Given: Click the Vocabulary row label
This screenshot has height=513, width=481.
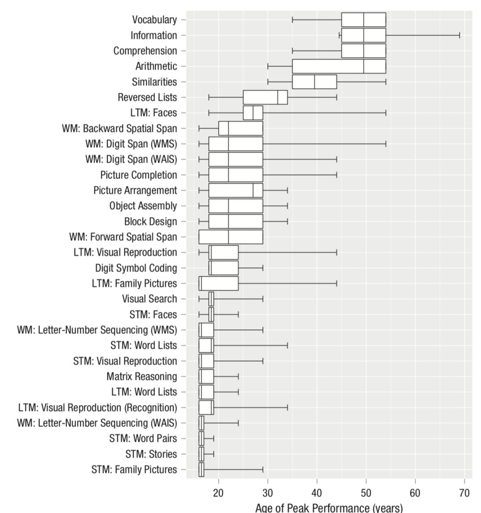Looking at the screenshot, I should pyautogui.click(x=154, y=20).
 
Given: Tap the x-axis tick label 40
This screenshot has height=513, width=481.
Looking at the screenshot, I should pyautogui.click(x=317, y=493).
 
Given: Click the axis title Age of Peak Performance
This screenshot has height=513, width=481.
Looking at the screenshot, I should pyautogui.click(x=329, y=508).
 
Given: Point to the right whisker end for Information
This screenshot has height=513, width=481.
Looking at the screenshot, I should pyautogui.click(x=459, y=35).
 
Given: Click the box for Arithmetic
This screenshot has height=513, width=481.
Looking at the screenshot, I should pyautogui.click(x=338, y=66).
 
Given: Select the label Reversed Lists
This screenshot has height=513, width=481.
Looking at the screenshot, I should pyautogui.click(x=147, y=97).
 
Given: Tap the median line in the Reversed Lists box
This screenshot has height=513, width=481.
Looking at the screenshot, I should pyautogui.click(x=277, y=97).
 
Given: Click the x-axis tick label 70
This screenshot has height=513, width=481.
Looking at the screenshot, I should pyautogui.click(x=464, y=493).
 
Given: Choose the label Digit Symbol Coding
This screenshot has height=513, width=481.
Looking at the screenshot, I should pyautogui.click(x=136, y=268).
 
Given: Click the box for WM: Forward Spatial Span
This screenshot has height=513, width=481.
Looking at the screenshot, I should pyautogui.click(x=231, y=237).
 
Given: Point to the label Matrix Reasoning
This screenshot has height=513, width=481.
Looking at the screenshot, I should pyautogui.click(x=142, y=377).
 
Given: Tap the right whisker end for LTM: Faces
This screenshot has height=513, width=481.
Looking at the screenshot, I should pyautogui.click(x=386, y=113).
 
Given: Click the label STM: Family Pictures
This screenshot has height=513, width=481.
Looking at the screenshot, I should pyautogui.click(x=134, y=470).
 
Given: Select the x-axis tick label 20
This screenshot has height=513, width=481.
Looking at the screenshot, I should pyautogui.click(x=218, y=493).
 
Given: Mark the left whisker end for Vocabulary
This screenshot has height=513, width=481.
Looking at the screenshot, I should pyautogui.click(x=292, y=20).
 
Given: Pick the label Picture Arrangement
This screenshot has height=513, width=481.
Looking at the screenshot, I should pyautogui.click(x=135, y=190).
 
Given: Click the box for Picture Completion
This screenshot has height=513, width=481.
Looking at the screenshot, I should pyautogui.click(x=236, y=175).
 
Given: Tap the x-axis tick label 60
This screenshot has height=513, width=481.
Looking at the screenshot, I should pyautogui.click(x=415, y=493).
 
